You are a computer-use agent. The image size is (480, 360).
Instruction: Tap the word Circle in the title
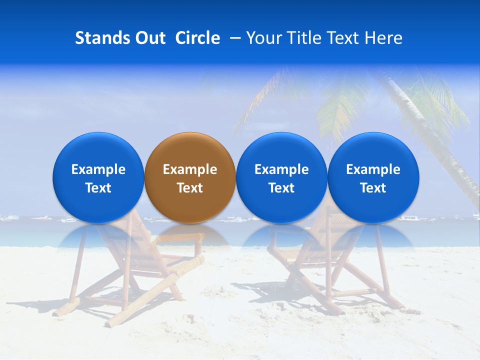[198, 38]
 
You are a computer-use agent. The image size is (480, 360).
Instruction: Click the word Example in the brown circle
[190, 169]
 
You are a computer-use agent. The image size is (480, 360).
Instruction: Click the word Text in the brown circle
[190, 188]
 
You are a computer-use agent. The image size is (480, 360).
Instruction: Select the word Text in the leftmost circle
[98, 188]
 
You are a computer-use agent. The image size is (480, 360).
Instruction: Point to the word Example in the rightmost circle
[373, 169]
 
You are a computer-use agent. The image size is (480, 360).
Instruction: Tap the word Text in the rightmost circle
[373, 188]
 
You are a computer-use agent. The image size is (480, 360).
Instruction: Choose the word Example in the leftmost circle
[98, 169]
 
